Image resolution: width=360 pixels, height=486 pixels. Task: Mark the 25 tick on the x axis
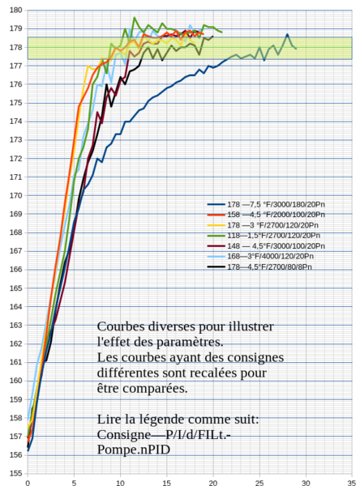259,481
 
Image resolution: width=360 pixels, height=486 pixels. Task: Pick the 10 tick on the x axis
120,481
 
